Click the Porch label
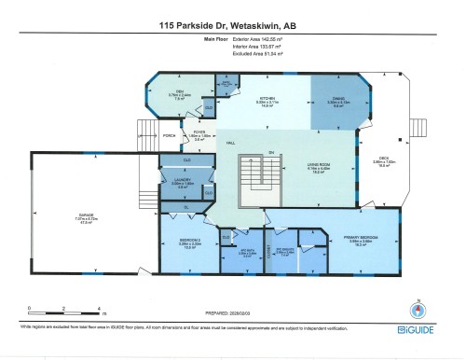[x=169, y=136]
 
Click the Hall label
[x=229, y=143]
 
